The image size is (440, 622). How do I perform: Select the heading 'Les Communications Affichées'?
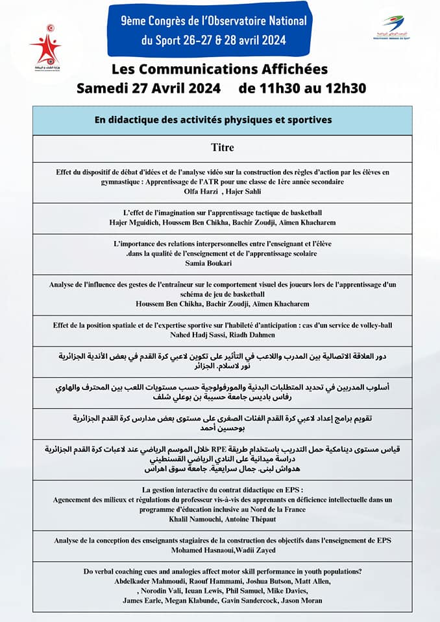pos(220,69)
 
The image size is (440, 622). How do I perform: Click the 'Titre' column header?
pos(222,148)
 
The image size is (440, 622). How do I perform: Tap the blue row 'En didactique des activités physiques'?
pos(222,120)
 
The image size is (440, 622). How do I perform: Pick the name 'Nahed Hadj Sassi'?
pos(193,335)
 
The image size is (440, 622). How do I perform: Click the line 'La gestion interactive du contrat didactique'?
pos(222,489)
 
